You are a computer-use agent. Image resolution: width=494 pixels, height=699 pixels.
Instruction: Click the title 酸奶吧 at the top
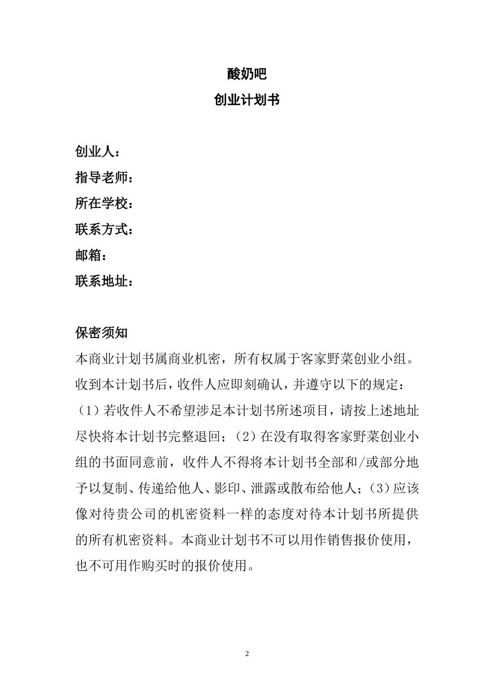247,74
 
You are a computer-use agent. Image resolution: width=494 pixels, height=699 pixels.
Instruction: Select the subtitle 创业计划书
247,100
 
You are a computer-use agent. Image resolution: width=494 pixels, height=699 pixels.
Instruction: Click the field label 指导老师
102,178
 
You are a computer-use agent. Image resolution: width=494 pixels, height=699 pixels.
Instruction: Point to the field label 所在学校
102,204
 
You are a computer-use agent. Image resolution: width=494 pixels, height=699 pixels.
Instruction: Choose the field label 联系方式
102,230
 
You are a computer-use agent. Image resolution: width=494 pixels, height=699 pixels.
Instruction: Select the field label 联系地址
102,282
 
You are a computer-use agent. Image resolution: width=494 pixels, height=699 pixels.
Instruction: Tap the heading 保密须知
101,333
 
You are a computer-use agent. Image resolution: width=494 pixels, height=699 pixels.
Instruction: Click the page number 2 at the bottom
247,654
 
